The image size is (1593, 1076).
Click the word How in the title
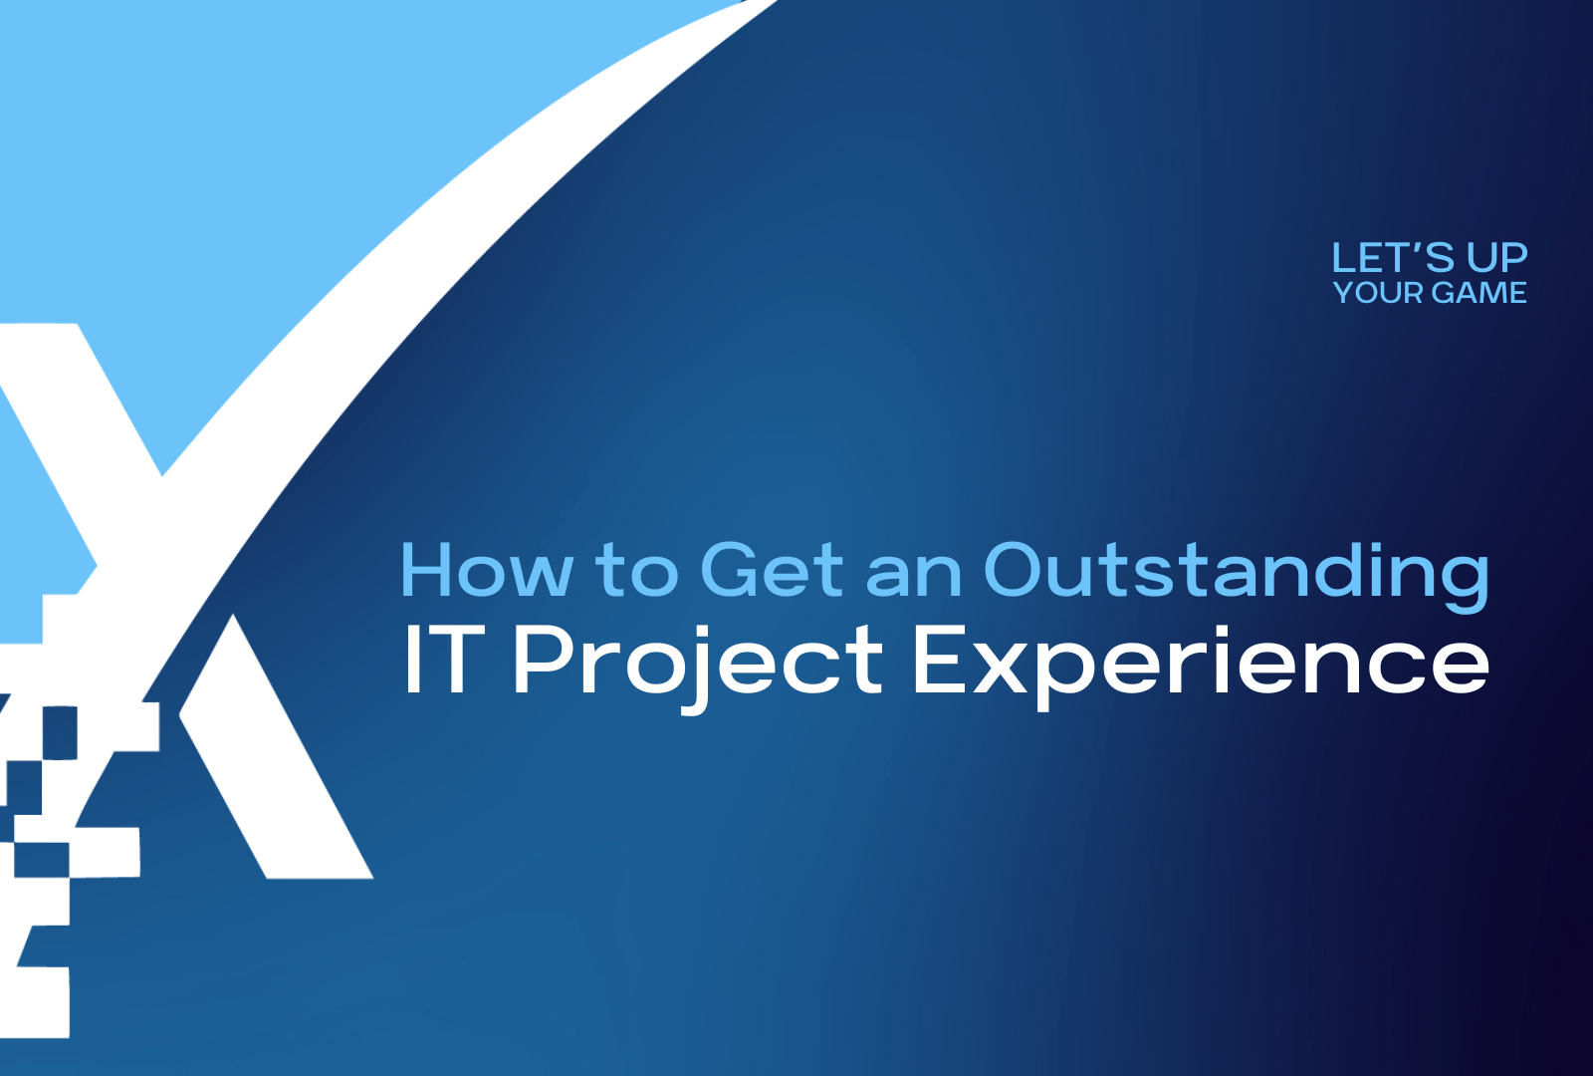pos(486,570)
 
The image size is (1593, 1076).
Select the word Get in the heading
pos(772,570)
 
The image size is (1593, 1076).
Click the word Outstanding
pos(1236,572)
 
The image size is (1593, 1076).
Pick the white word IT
pos(443,660)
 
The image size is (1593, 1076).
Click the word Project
pos(697,662)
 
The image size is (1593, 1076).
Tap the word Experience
pos(1200,662)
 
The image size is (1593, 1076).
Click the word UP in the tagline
pos(1496,258)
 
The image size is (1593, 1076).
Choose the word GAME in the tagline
pos(1479,293)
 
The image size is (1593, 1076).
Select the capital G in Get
pos(732,570)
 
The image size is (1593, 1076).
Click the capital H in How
pos(425,570)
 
